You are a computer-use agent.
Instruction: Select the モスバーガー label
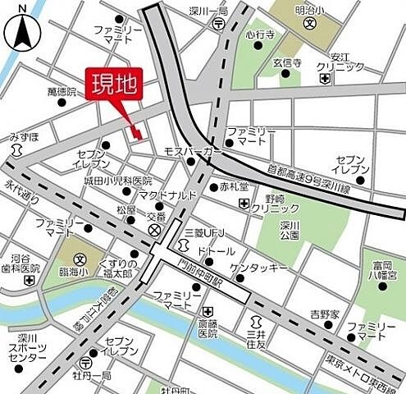193,153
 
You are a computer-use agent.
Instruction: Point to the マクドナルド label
167,195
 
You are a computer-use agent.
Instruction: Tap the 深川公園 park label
288,229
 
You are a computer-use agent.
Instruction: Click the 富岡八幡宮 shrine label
383,271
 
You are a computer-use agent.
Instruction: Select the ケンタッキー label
258,268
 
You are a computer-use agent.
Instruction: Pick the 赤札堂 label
233,186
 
